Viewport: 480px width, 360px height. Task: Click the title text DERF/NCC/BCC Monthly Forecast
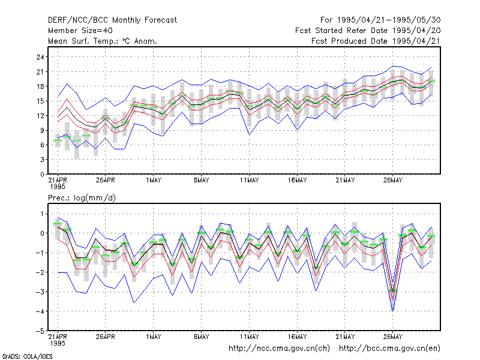(x=112, y=20)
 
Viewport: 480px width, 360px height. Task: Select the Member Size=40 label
(x=80, y=31)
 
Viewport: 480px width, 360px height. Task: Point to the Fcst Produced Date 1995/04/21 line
(x=376, y=41)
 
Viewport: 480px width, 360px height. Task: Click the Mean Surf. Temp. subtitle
(x=103, y=41)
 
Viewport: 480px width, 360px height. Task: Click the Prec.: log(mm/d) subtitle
(x=82, y=198)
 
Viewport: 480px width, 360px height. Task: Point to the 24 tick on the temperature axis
(x=40, y=57)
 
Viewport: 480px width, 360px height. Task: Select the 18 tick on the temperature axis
(x=40, y=86)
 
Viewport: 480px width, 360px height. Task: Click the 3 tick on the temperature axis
(x=42, y=160)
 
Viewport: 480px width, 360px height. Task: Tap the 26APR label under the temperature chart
(x=106, y=181)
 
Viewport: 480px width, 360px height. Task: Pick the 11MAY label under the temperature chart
(x=249, y=181)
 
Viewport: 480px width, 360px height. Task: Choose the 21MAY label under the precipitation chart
(x=345, y=337)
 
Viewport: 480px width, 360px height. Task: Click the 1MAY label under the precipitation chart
(x=154, y=337)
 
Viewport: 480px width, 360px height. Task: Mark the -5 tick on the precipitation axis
(x=40, y=331)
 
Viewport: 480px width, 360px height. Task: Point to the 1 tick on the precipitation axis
(x=42, y=214)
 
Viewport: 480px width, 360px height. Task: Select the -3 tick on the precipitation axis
(x=40, y=292)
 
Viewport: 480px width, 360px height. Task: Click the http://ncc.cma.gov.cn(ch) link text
(x=279, y=349)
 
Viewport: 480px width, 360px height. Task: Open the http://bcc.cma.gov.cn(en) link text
(x=389, y=349)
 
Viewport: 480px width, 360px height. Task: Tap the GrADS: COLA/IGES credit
(x=27, y=356)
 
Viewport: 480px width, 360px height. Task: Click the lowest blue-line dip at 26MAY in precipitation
(x=393, y=311)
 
